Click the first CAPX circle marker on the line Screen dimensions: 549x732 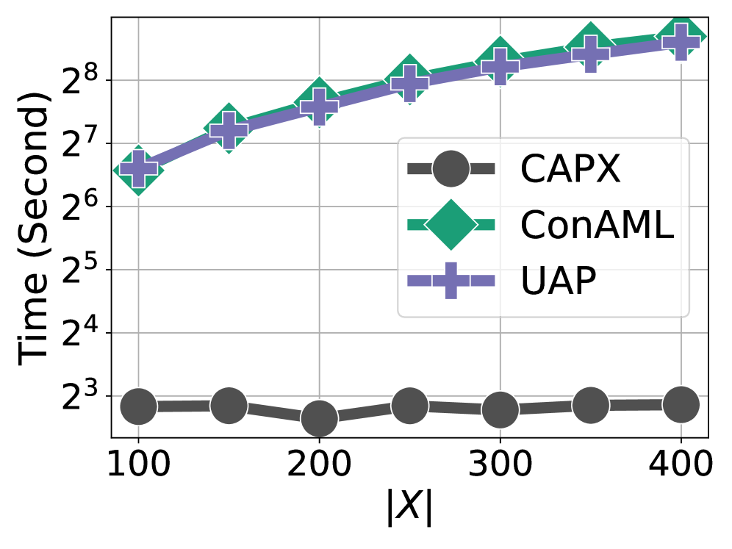(x=138, y=406)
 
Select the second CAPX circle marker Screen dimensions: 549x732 (x=229, y=406)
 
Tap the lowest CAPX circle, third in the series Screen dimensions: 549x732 (x=319, y=419)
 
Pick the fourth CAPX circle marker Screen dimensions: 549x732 (x=409, y=406)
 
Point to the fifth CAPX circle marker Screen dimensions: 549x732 (x=500, y=410)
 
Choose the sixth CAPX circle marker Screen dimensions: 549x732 (x=591, y=405)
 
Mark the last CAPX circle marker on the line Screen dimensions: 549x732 (x=681, y=405)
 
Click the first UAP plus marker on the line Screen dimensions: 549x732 (x=138, y=169)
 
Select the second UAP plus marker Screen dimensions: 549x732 (x=229, y=130)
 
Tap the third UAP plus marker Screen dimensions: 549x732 (x=319, y=107)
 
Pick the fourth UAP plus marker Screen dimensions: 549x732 (x=409, y=83)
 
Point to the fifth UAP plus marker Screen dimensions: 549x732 (x=500, y=66)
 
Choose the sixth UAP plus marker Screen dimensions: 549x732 (x=591, y=53)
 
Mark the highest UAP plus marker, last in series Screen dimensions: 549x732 (x=681, y=42)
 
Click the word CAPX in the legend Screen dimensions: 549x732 (x=570, y=170)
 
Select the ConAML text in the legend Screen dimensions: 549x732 (x=596, y=225)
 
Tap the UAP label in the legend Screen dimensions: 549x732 (x=558, y=281)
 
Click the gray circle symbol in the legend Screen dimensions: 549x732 (x=451, y=169)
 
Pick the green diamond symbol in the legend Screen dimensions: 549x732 (x=451, y=225)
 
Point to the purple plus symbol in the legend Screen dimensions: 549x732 (x=451, y=281)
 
